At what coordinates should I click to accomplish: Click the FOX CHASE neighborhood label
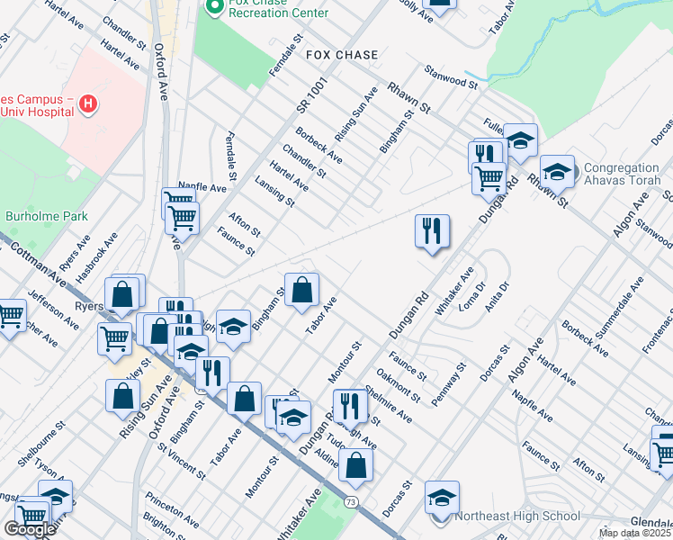coord(342,55)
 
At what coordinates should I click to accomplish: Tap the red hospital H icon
coord(88,103)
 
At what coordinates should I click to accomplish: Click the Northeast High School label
coord(517,516)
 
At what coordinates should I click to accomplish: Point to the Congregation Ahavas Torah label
coord(623,175)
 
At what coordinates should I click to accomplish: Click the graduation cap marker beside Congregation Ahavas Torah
coord(557,171)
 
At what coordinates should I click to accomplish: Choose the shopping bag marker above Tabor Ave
coord(302,290)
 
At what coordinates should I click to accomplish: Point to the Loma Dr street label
coord(479,292)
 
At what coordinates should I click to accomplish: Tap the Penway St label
coord(449,384)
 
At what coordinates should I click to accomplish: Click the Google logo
coord(30,529)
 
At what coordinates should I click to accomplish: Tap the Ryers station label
coord(89,306)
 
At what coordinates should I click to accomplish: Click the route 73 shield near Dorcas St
coord(350,499)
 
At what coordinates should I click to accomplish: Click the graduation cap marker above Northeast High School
coord(443,496)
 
